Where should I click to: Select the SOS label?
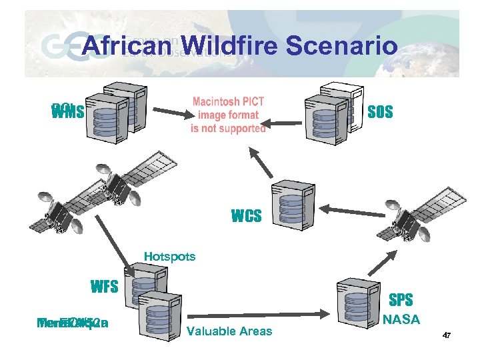pyautogui.click(x=380, y=112)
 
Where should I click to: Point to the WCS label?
pyautogui.click(x=246, y=217)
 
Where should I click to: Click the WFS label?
pyautogui.click(x=105, y=287)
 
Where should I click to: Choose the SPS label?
pyautogui.click(x=400, y=300)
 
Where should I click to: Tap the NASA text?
pyautogui.click(x=401, y=320)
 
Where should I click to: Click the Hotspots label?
pyautogui.click(x=170, y=257)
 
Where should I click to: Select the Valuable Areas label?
pyautogui.click(x=230, y=331)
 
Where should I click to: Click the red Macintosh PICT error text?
pyautogui.click(x=228, y=115)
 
